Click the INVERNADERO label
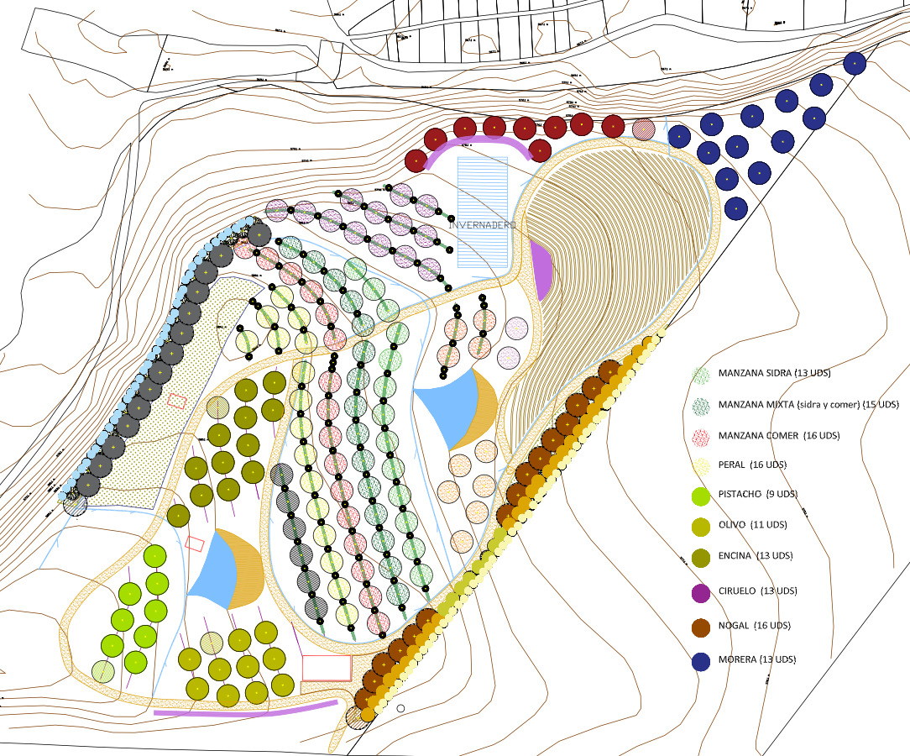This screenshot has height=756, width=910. (482, 225)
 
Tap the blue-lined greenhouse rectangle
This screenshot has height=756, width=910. (483, 193)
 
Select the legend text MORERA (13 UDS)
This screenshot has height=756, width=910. (756, 659)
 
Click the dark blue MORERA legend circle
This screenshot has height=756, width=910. (702, 661)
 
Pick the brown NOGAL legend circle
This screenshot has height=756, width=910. (702, 626)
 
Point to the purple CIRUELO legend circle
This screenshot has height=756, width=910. (702, 592)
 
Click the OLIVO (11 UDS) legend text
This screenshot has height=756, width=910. (752, 524)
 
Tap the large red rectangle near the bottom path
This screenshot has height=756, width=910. (327, 668)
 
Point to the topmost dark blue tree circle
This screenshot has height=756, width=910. (855, 63)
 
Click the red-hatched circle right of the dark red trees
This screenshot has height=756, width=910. (644, 129)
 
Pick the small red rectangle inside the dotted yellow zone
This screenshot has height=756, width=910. (175, 401)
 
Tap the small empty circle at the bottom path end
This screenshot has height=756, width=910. (401, 709)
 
